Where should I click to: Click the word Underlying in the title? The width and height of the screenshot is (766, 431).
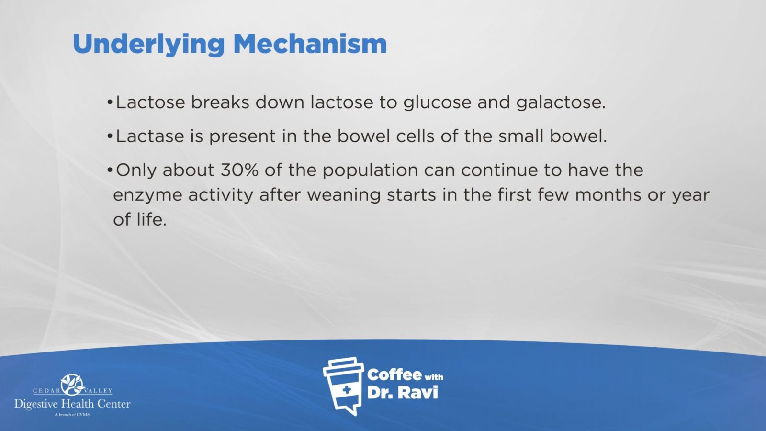149,44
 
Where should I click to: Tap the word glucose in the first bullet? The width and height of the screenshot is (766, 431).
438,103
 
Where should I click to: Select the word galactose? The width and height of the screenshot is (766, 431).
561,103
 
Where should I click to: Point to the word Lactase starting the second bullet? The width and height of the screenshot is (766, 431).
150,136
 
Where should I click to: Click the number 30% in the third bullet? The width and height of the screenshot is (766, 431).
239,170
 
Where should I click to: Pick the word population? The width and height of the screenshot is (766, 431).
370,170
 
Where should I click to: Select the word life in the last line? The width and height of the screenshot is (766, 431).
151,219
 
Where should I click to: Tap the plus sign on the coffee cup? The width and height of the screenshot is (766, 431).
347,390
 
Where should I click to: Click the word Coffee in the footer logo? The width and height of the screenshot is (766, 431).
394,375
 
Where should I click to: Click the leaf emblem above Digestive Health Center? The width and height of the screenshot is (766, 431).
72,385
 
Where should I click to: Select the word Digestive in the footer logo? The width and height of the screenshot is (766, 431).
36,404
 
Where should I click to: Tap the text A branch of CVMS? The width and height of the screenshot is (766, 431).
72,415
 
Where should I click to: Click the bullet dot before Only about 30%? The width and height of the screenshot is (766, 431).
110,170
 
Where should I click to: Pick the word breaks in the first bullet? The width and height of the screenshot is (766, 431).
220,102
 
